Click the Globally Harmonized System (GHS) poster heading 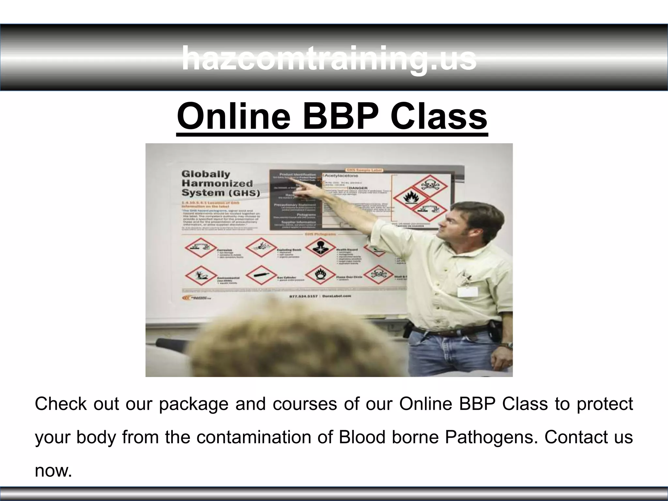(x=220, y=183)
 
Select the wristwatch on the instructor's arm (x=507, y=345)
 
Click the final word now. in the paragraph (x=53, y=471)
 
